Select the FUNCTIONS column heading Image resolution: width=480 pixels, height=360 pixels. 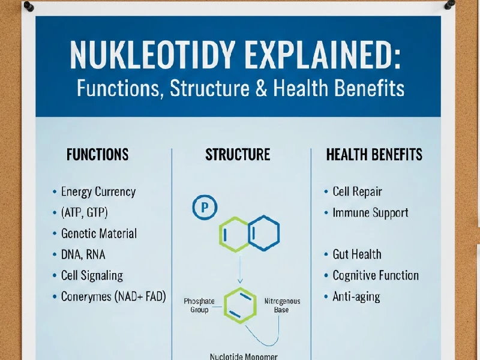click(x=97, y=155)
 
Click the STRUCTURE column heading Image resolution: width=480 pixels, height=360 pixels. click(x=238, y=155)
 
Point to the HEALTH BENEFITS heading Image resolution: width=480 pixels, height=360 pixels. click(x=374, y=155)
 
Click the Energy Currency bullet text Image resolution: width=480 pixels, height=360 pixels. click(x=98, y=192)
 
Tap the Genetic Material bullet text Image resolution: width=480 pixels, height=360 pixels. click(x=99, y=233)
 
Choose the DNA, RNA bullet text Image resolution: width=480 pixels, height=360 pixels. click(x=83, y=254)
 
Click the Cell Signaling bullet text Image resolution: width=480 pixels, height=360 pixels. click(x=92, y=275)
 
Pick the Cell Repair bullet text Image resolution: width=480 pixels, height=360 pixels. click(x=357, y=192)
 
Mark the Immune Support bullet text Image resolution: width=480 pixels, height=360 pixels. click(x=370, y=212)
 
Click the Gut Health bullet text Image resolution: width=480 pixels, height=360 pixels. click(x=357, y=254)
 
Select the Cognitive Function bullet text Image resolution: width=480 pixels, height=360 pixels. click(x=376, y=275)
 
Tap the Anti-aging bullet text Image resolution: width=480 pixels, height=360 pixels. click(x=356, y=296)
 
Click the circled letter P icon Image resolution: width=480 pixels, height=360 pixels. click(x=204, y=208)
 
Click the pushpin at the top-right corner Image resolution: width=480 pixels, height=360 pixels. click(x=449, y=5)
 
